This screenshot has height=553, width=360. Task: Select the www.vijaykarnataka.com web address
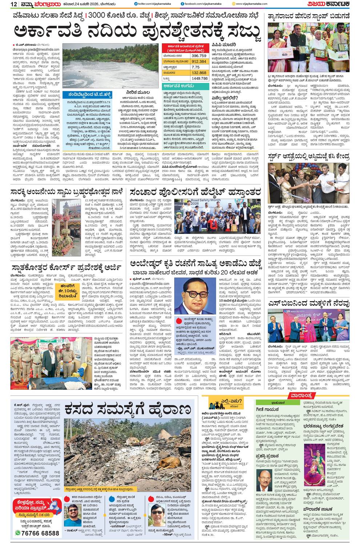click(251, 4)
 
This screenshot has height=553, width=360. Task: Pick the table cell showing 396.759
click(199, 56)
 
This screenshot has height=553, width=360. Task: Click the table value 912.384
click(199, 61)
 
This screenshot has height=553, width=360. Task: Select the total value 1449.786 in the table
click(199, 78)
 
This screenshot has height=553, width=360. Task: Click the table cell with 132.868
click(199, 73)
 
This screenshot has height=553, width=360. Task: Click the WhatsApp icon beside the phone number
click(17, 533)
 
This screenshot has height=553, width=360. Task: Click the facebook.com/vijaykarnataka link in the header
click(202, 4)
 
